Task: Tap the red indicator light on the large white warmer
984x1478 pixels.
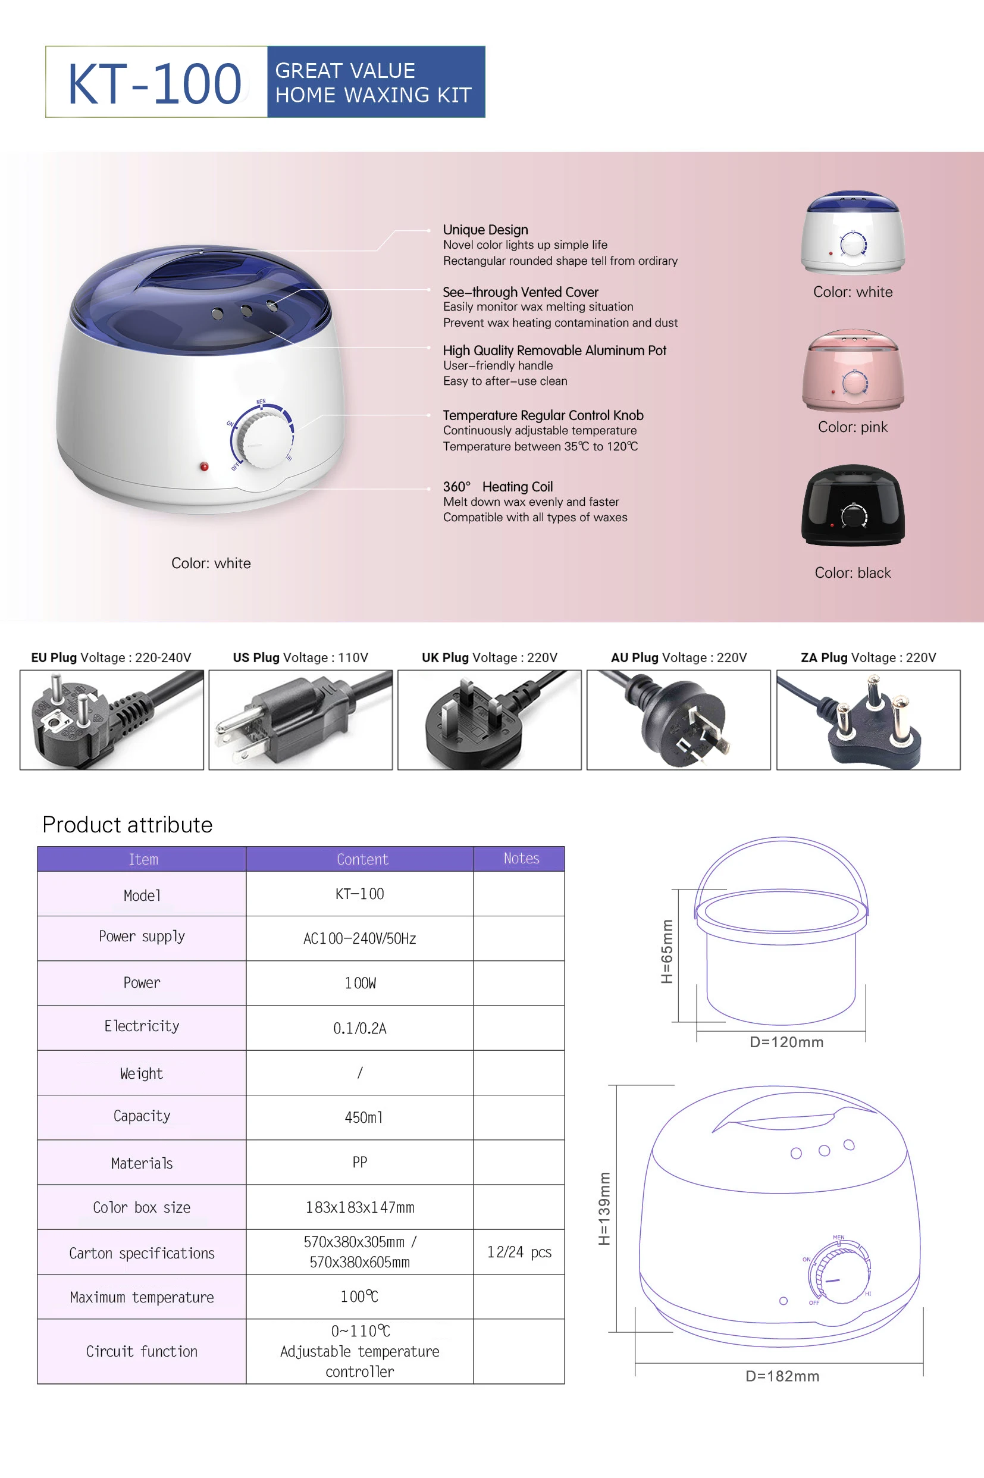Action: [x=204, y=466]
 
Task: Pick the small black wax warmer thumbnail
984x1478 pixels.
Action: [x=853, y=506]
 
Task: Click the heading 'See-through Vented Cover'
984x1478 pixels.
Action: [x=520, y=292]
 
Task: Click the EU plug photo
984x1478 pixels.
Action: [x=112, y=719]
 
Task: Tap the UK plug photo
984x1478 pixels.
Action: [x=489, y=719]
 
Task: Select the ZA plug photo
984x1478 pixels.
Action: [x=868, y=719]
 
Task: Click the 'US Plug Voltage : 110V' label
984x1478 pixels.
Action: [x=300, y=657]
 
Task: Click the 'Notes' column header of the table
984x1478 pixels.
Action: [x=521, y=858]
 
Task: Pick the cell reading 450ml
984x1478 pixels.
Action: [x=363, y=1117]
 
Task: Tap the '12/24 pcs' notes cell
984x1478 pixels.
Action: [x=519, y=1252]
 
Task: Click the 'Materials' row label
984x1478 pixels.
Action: [x=142, y=1163]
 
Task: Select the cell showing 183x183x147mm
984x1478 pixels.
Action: [x=359, y=1207]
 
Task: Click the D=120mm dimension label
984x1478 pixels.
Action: [x=786, y=1042]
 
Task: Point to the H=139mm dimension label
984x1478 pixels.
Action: [x=604, y=1208]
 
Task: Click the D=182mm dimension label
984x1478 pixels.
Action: [x=782, y=1376]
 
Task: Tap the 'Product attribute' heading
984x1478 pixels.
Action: [x=127, y=824]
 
